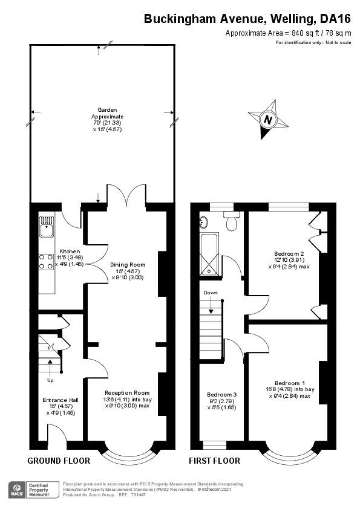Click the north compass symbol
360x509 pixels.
point(266,119)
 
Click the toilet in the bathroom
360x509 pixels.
point(231,222)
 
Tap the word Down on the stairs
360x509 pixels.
point(211,293)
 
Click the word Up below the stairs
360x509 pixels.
point(50,381)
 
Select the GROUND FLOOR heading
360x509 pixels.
point(59,461)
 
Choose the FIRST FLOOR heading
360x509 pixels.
point(215,461)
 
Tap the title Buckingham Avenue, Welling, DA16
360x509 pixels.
point(247,19)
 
